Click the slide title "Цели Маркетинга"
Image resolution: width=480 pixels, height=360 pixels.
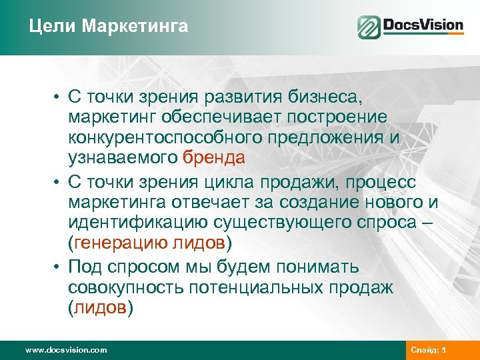pos(109,27)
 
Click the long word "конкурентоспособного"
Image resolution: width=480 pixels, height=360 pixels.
pos(164,137)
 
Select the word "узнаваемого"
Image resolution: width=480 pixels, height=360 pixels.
pos(122,158)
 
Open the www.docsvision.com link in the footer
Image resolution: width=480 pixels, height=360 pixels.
pos(65,350)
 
